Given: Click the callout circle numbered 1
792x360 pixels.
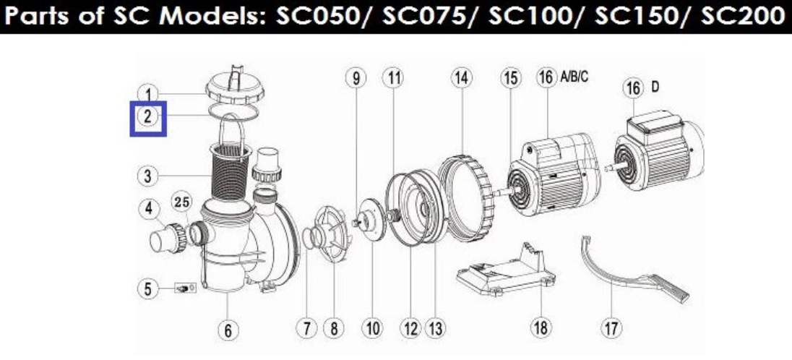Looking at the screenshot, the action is tap(148, 94).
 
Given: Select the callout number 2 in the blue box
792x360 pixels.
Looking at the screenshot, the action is tap(147, 117).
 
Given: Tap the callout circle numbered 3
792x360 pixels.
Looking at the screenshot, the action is tap(148, 176).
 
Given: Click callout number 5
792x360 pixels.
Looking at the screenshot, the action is tap(148, 289).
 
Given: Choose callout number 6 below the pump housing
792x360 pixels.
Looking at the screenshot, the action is tap(228, 330).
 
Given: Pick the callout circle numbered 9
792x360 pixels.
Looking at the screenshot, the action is tap(356, 78).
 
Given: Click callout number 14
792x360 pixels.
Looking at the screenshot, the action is tap(461, 78).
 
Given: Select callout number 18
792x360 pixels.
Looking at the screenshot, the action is tap(541, 328).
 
